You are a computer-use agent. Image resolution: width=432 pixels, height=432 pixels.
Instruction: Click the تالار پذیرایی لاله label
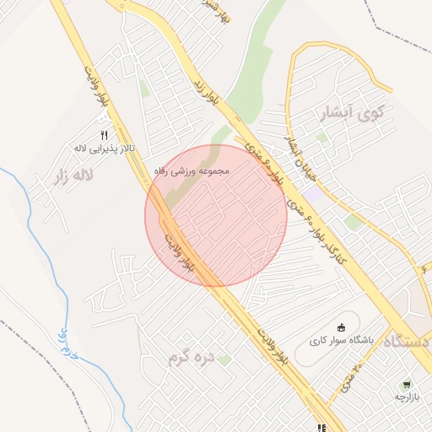point(106,149)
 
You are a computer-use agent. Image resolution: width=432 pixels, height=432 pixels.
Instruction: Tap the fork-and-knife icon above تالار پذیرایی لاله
point(105,134)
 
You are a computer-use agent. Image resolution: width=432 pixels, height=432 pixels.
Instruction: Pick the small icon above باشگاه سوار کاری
point(341,328)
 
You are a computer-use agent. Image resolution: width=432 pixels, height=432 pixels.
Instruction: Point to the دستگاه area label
point(408,341)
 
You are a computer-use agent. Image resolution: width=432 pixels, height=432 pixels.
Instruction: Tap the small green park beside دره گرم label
point(224,360)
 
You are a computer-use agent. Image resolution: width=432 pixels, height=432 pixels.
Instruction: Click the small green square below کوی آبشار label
point(321,137)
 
